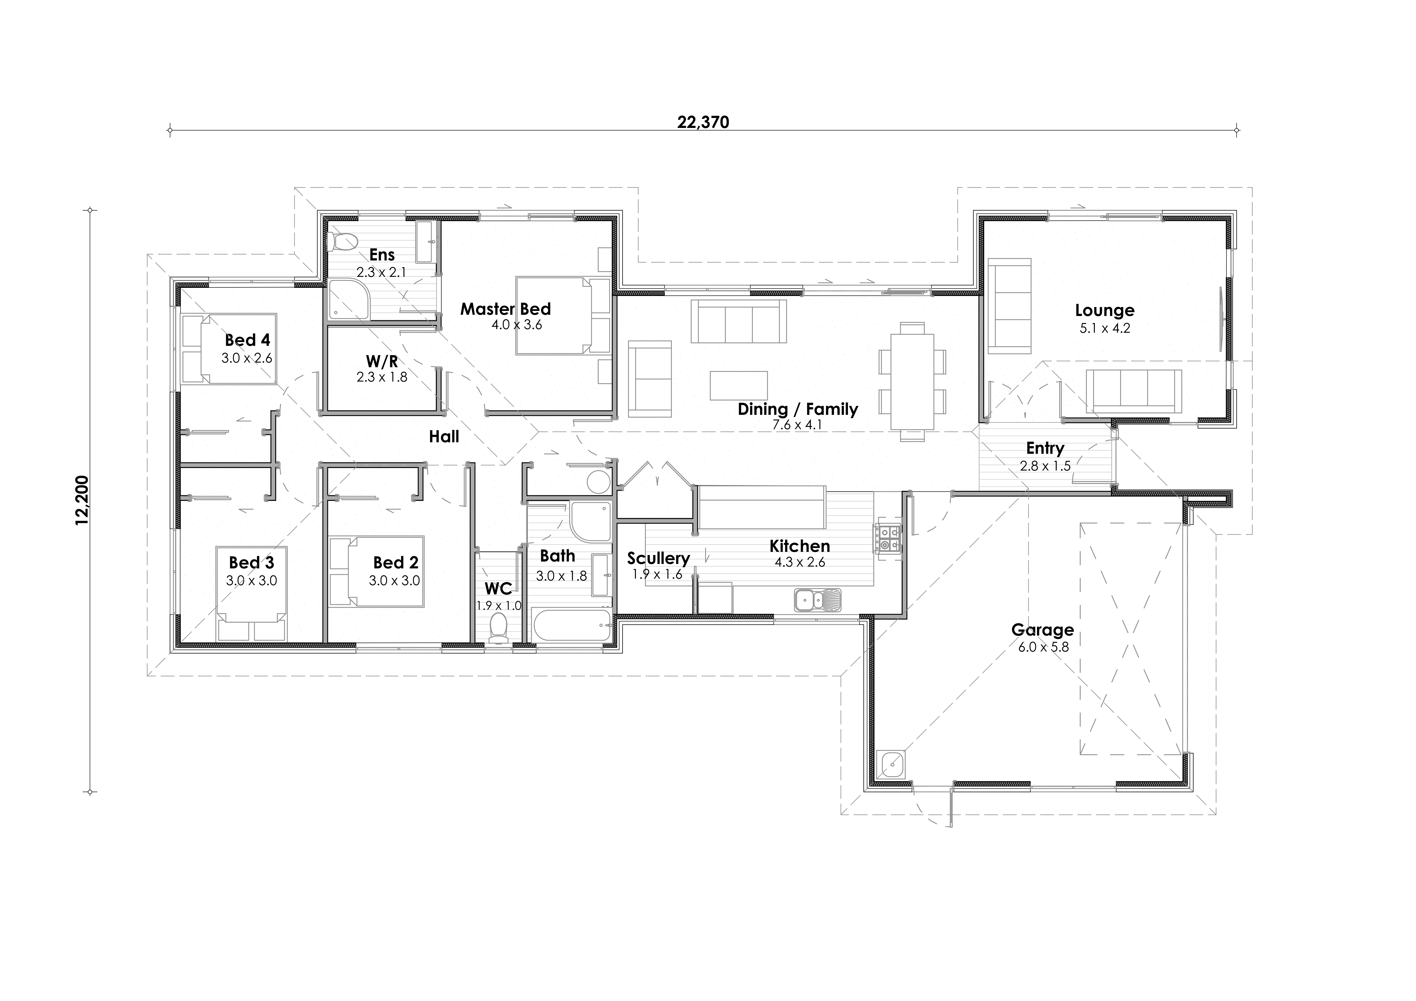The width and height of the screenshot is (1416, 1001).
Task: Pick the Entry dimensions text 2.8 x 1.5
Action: coord(1045,466)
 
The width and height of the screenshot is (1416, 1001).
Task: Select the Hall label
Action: coord(444,437)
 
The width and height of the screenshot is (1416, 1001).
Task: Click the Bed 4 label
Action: coord(247,340)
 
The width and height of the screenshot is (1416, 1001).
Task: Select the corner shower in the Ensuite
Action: coord(349,300)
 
